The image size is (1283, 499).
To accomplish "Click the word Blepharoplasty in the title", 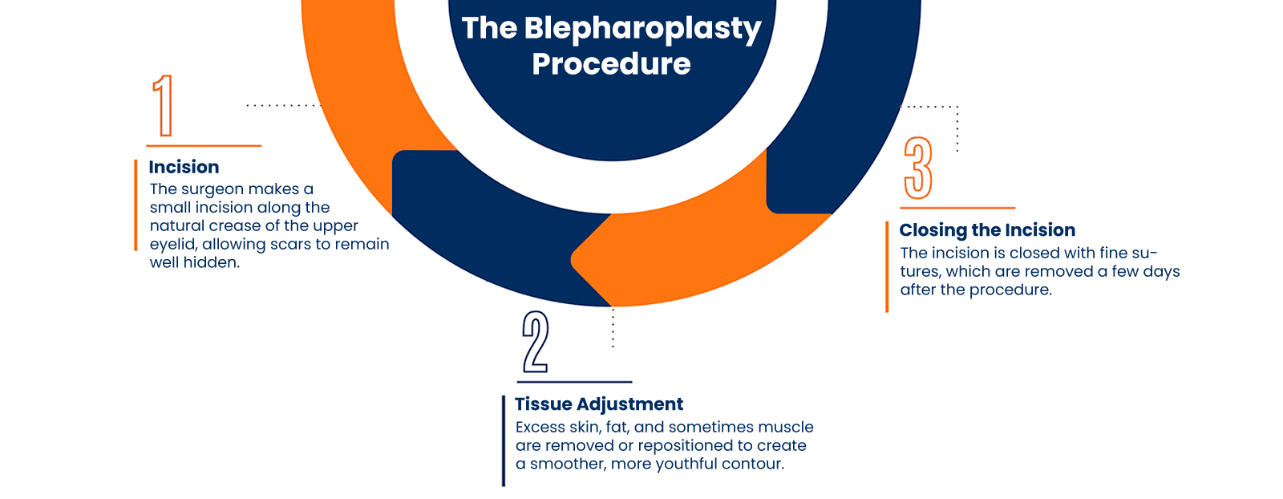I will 642,30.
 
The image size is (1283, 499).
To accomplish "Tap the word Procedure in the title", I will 611,64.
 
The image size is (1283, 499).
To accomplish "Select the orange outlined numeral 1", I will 164,105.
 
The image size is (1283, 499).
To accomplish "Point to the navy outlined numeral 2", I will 536,342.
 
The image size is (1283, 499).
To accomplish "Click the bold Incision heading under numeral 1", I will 184,167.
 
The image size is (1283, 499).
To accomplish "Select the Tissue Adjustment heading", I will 599,404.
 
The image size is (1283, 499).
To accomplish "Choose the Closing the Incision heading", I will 988,230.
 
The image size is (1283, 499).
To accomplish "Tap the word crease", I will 234,226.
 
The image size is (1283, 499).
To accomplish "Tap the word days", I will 1162,272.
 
